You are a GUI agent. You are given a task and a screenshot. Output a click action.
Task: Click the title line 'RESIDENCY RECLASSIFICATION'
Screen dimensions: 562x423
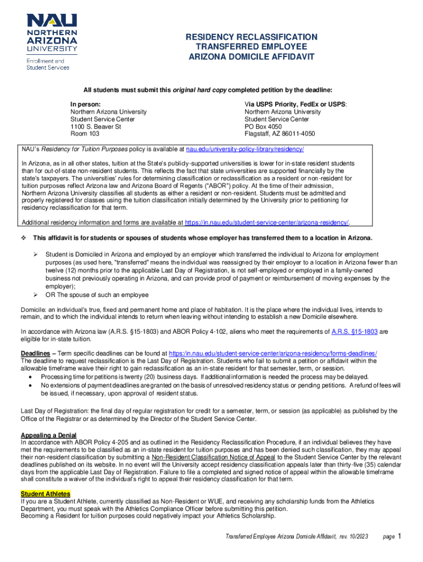[x=251, y=37]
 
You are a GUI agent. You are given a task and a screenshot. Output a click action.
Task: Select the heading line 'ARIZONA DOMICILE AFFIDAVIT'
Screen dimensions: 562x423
[x=251, y=57]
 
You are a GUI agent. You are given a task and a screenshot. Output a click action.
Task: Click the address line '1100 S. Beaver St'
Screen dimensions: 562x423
[x=95, y=127]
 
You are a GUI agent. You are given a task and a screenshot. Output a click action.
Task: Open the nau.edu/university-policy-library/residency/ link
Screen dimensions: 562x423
[x=245, y=149]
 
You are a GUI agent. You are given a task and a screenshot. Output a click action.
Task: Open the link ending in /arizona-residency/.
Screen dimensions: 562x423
[x=268, y=222]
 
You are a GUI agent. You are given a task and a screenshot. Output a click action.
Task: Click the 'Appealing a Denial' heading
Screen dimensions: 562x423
[x=48, y=435]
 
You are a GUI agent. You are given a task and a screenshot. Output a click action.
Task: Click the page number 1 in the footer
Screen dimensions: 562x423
[x=400, y=536]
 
